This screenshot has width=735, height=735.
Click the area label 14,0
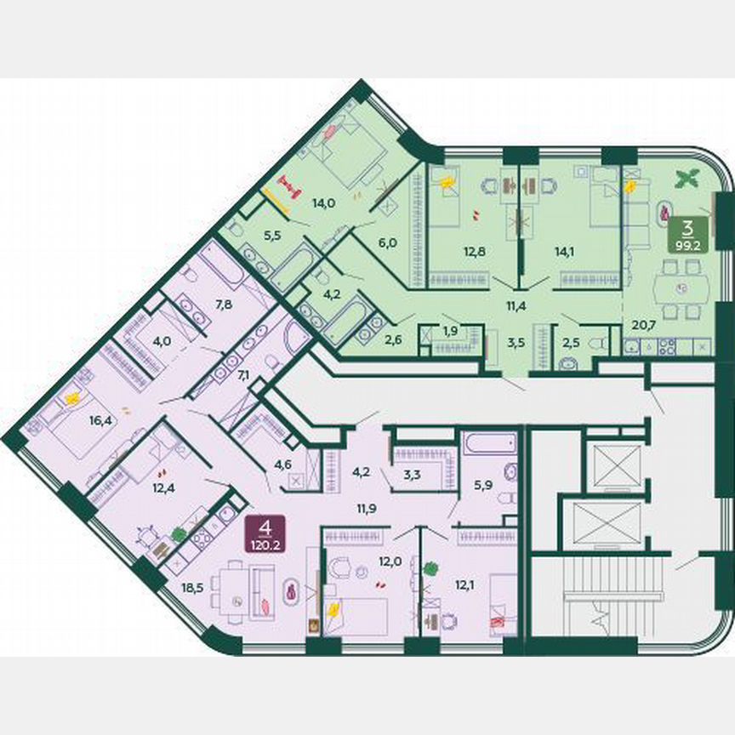pyautogui.click(x=321, y=203)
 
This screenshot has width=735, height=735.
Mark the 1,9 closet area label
pyautogui.click(x=450, y=330)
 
